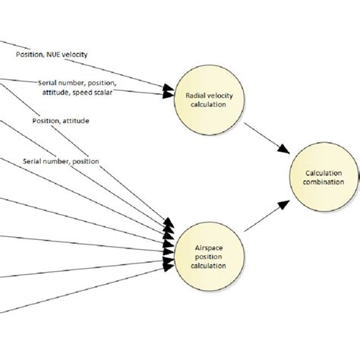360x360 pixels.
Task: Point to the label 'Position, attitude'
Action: pyautogui.click(x=60, y=120)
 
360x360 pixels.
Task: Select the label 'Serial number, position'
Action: pyautogui.click(x=61, y=161)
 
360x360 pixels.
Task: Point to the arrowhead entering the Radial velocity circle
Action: pyautogui.click(x=168, y=94)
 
